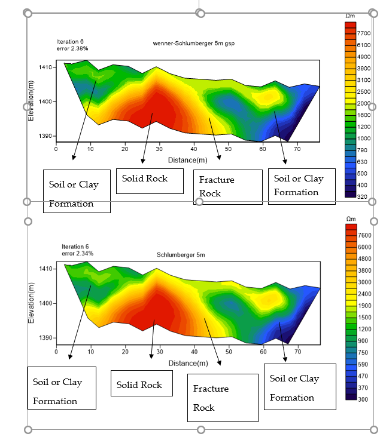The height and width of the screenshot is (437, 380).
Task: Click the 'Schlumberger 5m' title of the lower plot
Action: point(181,255)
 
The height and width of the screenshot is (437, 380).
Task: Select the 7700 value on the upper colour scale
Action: point(364,33)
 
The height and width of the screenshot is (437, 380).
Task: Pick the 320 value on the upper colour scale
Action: point(363,196)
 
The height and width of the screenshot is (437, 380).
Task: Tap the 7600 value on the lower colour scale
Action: point(364,235)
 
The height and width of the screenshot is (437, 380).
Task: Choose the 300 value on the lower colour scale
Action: point(363,397)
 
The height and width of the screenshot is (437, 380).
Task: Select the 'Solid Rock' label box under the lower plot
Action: point(141,383)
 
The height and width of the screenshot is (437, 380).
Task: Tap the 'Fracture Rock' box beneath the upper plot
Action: point(227,187)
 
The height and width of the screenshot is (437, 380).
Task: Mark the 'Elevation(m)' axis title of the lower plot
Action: point(31,303)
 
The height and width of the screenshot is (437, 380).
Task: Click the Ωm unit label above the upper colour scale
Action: point(350,16)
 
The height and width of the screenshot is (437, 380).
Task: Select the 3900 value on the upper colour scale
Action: point(364,68)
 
